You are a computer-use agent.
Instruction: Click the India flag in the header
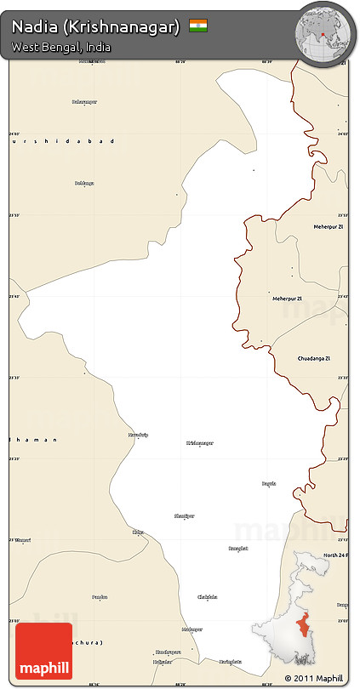(198, 26)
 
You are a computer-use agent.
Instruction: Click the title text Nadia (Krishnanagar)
(96, 27)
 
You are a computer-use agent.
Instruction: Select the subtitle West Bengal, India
(61, 48)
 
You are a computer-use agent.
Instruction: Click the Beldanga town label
(84, 183)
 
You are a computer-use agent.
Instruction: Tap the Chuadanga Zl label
(317, 359)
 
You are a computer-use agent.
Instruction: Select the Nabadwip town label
(138, 435)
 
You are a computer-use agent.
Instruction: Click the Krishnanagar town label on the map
(200, 443)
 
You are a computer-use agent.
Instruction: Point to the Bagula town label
(269, 483)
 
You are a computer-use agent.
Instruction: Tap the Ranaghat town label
(238, 549)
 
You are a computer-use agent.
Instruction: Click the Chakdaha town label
(208, 596)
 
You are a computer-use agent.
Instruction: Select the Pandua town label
(100, 597)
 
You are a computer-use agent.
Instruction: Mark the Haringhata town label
(230, 661)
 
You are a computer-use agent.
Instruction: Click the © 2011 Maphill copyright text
(315, 678)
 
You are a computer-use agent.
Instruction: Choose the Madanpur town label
(192, 629)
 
